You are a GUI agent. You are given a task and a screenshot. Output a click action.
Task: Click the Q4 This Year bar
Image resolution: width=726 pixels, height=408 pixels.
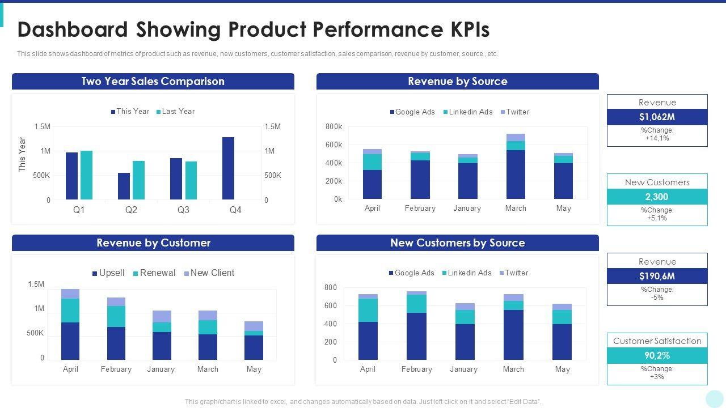228,168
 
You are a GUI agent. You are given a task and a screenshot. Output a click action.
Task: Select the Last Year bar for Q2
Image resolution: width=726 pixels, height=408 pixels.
138,180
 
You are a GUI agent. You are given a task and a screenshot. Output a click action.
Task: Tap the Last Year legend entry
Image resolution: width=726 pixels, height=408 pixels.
175,112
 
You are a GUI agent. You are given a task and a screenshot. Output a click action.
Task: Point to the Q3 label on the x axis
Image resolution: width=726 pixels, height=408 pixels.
183,210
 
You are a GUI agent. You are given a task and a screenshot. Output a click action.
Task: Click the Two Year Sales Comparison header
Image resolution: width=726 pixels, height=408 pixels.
153,82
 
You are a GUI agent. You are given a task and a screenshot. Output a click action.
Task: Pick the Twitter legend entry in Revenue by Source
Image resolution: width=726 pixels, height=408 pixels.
514,112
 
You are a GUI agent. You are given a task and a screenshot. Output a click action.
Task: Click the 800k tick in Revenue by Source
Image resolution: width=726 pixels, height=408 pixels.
334,127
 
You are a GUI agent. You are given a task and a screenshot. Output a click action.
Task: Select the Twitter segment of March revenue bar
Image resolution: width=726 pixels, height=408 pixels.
516,137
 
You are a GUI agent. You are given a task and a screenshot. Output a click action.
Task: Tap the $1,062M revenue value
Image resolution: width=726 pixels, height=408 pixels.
657,117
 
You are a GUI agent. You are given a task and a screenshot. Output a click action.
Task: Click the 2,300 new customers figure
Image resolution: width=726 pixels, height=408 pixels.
657,197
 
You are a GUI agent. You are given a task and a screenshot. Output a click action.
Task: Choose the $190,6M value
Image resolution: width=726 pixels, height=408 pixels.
657,277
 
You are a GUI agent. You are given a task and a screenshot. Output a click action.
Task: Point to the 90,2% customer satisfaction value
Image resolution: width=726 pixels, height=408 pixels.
657,356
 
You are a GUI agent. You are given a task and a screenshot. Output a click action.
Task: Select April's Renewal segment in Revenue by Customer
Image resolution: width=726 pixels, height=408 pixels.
70,311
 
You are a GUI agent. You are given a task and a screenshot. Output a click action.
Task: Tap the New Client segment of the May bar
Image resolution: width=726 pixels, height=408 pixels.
254,326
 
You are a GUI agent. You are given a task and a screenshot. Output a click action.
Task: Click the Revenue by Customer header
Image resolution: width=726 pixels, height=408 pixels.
153,243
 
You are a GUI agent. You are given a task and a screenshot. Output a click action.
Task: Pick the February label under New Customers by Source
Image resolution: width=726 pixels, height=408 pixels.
416,369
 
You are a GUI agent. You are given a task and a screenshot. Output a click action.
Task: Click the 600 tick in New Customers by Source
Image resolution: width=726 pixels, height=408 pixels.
330,306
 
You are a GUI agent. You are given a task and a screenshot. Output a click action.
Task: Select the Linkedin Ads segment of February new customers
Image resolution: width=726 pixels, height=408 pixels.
416,304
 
